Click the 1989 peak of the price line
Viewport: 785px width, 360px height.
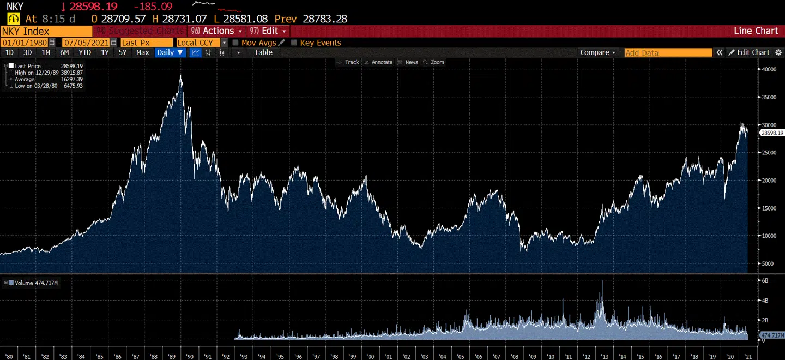[180, 76]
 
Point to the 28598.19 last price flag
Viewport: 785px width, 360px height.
[772, 133]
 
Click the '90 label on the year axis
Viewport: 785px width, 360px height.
[189, 357]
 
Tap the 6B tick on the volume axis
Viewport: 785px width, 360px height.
[765, 280]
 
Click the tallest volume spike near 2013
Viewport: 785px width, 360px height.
[602, 281]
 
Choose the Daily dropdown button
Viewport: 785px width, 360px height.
[170, 52]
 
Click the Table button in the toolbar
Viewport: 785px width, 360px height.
[263, 52]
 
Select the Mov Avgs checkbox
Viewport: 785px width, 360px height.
[235, 43]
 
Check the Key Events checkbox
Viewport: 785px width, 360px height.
[294, 43]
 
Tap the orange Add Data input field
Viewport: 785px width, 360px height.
[668, 53]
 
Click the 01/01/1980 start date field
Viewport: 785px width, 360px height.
[25, 43]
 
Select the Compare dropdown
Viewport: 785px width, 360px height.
[597, 52]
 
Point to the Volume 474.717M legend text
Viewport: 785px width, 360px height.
[36, 283]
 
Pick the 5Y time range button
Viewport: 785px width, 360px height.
[123, 52]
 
